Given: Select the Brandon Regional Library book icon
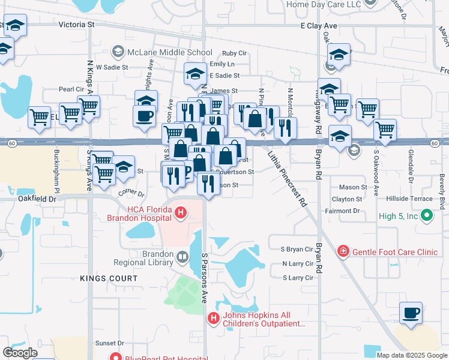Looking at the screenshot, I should (x=181, y=258).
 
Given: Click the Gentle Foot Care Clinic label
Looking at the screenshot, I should (x=394, y=252).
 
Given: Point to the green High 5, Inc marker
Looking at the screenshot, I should (x=427, y=214).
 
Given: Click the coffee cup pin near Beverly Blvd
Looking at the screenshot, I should (x=411, y=313).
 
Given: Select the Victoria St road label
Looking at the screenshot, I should (x=77, y=25).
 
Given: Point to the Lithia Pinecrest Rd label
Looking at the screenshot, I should (x=287, y=179).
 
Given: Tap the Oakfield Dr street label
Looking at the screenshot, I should (x=37, y=197).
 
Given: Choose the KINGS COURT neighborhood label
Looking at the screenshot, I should (x=109, y=278).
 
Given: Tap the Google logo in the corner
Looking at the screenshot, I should (x=20, y=353).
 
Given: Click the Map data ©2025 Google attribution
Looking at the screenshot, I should (x=411, y=355).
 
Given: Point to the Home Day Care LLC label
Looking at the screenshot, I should (x=324, y=5).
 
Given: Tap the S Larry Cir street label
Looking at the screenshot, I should (x=298, y=278).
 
